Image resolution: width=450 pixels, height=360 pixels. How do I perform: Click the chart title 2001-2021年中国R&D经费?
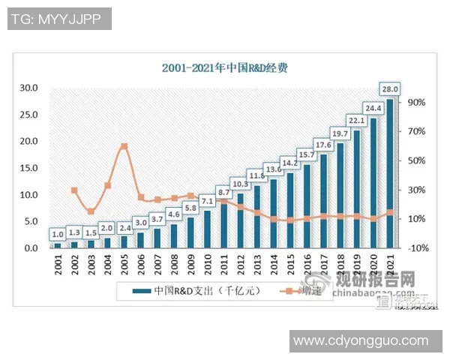point(225,67)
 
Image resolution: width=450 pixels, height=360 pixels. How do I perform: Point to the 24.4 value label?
point(373,106)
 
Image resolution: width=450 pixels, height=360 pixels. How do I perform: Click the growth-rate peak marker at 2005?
point(124,146)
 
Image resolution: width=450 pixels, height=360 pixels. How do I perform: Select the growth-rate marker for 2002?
point(74,190)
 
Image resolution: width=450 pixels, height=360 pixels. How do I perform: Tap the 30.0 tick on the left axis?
point(28,88)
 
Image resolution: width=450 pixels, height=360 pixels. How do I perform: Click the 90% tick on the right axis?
point(417,103)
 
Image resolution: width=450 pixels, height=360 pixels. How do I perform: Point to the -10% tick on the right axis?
point(417,248)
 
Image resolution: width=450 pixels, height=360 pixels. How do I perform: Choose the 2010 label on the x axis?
point(207,265)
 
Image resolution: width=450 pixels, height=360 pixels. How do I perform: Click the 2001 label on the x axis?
point(58,265)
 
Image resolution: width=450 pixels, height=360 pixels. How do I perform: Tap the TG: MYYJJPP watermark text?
point(59,19)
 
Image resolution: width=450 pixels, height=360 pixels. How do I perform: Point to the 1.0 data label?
point(58,235)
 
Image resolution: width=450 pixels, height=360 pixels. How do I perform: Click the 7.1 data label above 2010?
point(207,202)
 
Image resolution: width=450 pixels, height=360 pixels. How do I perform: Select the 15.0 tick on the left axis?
point(28,168)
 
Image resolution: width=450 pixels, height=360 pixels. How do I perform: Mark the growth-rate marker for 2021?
point(389,212)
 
